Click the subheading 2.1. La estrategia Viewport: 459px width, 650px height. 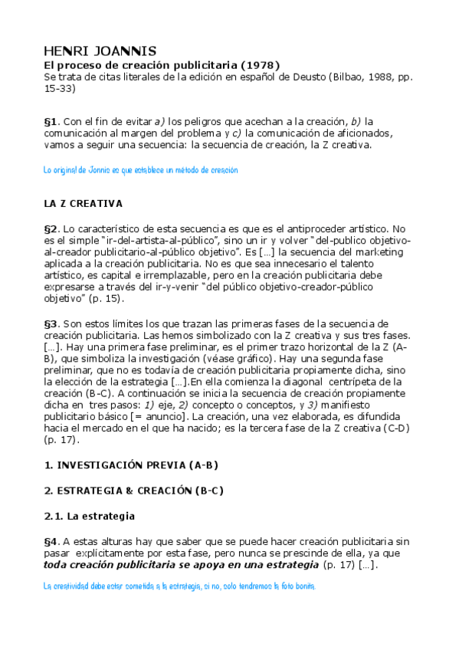pyautogui.click(x=90, y=516)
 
